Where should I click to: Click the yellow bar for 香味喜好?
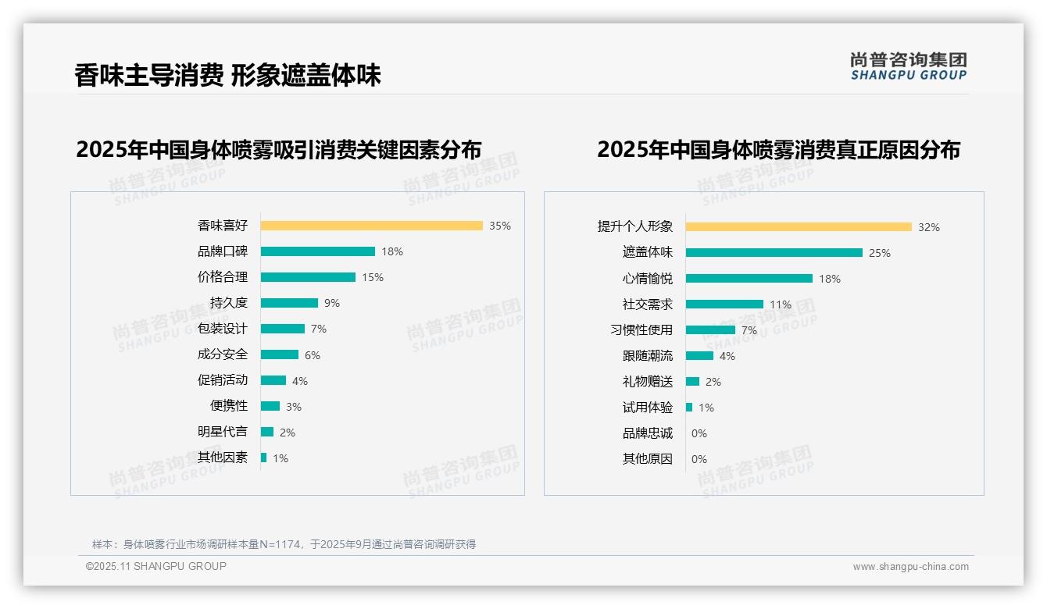371,226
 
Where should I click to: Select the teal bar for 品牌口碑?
317,251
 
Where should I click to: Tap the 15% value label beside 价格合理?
372,277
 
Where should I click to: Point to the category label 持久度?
228,303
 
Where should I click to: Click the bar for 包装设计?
282,329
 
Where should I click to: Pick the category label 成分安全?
222,354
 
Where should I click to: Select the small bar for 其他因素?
263,458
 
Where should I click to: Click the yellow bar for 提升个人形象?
798,227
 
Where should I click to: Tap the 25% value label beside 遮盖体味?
880,253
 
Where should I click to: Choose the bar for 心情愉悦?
749,279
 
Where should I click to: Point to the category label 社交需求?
647,304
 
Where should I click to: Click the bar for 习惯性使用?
710,330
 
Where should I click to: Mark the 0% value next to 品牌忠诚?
699,433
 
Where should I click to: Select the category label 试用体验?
647,408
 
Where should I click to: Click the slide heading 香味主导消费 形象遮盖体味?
227,76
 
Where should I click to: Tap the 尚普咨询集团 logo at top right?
908,66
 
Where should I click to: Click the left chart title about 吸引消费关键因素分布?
278,149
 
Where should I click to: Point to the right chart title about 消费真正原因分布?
778,149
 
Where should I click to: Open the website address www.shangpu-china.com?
910,567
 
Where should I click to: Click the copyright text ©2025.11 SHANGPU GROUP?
155,566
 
